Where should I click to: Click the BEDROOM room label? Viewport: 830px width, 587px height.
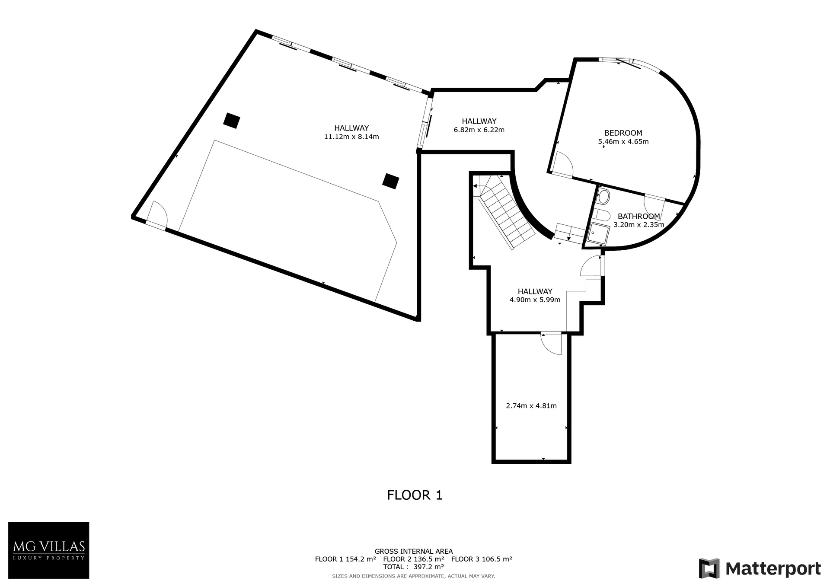(x=623, y=133)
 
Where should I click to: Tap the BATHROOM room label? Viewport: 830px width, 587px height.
(x=638, y=217)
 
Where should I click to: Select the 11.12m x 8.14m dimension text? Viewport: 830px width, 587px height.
(x=351, y=137)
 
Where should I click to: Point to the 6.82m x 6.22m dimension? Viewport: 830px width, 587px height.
(x=479, y=130)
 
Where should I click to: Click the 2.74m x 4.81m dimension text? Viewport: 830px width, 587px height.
(x=531, y=406)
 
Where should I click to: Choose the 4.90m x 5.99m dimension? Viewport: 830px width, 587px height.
(x=535, y=300)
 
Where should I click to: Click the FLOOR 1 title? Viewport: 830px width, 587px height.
(x=415, y=495)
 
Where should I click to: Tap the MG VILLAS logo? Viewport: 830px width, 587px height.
(x=49, y=550)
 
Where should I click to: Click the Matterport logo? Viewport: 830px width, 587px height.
(x=760, y=568)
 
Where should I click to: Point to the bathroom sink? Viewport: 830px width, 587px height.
(x=603, y=197)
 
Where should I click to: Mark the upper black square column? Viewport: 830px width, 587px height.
(x=232, y=120)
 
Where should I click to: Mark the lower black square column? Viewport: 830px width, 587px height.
(x=391, y=181)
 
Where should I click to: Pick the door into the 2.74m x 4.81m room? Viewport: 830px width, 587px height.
(x=551, y=344)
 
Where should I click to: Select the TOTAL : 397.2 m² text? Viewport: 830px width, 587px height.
(x=414, y=567)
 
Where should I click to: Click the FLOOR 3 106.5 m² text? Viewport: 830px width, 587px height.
(x=482, y=559)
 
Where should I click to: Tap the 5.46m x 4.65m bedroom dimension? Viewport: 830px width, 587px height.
(x=623, y=142)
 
